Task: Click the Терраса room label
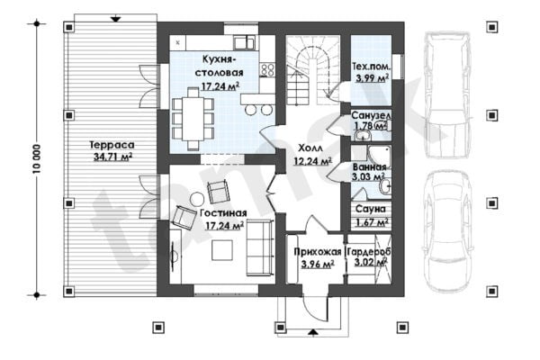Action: click(112, 145)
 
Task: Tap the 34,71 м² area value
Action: click(113, 157)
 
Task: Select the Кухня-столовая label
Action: click(219, 66)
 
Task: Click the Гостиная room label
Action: click(223, 213)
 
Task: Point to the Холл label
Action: click(310, 148)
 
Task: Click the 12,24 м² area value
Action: click(312, 161)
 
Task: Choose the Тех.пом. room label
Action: click(371, 66)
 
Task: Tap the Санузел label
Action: click(371, 115)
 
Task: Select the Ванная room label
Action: click(370, 167)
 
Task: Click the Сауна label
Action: click(371, 209)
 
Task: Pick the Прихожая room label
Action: click(318, 252)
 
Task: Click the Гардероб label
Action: click(369, 252)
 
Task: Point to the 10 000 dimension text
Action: click(37, 158)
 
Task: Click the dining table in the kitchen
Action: click(193, 119)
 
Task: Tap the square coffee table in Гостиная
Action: click(222, 250)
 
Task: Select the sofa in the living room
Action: click(260, 248)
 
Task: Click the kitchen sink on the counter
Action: click(244, 43)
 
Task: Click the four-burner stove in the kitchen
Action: click(267, 69)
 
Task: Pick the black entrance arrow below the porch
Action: click(312, 332)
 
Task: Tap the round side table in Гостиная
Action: click(197, 199)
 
